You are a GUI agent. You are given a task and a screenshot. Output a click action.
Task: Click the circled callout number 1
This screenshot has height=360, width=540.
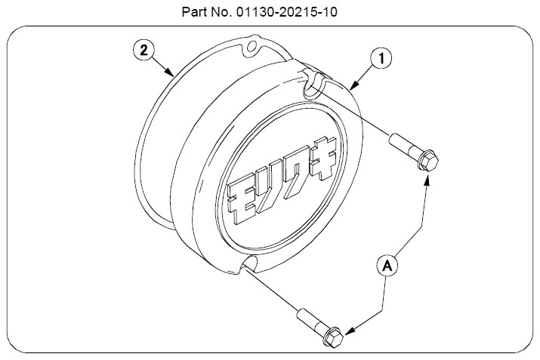pyautogui.click(x=381, y=59)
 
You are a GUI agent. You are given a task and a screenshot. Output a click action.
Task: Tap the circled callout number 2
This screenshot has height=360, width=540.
pyautogui.click(x=143, y=51)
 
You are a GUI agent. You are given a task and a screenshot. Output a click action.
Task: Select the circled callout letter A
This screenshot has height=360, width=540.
pyautogui.click(x=387, y=266)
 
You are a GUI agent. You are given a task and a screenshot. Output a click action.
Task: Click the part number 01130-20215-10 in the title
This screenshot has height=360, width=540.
pyautogui.click(x=286, y=12)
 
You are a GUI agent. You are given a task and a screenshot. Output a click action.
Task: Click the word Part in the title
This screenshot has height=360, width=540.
pyautogui.click(x=193, y=12)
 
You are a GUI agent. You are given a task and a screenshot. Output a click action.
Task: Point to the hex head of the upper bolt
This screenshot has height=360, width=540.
pyautogui.click(x=427, y=160)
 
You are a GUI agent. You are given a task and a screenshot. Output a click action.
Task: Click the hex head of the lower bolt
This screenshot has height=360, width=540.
pyautogui.click(x=333, y=337)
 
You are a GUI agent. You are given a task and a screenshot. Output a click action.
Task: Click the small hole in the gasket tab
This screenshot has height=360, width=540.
pyautogui.click(x=252, y=46)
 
